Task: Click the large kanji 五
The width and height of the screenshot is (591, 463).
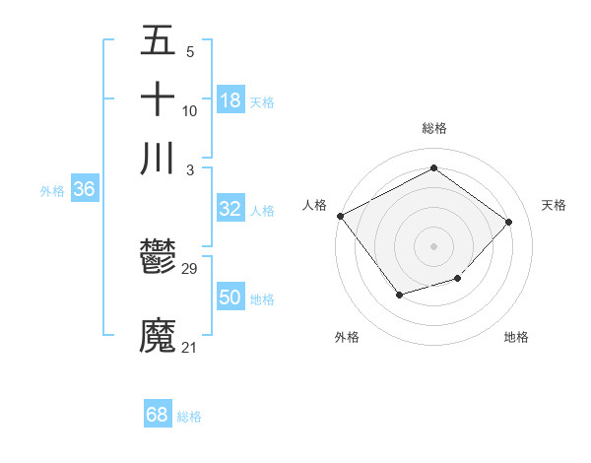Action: (x=158, y=41)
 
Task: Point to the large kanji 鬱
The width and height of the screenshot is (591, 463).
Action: (x=158, y=260)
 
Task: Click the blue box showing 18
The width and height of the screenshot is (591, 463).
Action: (x=230, y=100)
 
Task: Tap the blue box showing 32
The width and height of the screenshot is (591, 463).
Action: (x=230, y=209)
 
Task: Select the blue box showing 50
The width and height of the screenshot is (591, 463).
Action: (x=230, y=298)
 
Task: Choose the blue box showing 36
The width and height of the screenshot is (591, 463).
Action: (x=84, y=190)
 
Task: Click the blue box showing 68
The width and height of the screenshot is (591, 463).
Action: (x=158, y=415)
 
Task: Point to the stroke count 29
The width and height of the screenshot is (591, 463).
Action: (x=190, y=269)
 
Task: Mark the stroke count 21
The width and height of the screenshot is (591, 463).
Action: (x=190, y=347)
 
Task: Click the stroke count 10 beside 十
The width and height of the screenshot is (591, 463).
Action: (x=190, y=111)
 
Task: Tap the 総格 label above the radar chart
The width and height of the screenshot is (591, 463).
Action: (x=434, y=128)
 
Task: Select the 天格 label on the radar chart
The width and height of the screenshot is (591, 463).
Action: (x=555, y=205)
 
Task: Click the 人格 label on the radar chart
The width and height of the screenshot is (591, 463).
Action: (x=314, y=205)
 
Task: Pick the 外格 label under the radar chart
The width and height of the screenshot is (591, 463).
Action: (x=347, y=337)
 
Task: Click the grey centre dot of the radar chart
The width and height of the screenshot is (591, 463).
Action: (x=434, y=245)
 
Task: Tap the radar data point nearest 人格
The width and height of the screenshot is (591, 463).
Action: (x=341, y=215)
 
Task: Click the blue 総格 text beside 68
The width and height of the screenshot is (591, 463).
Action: (x=189, y=417)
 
